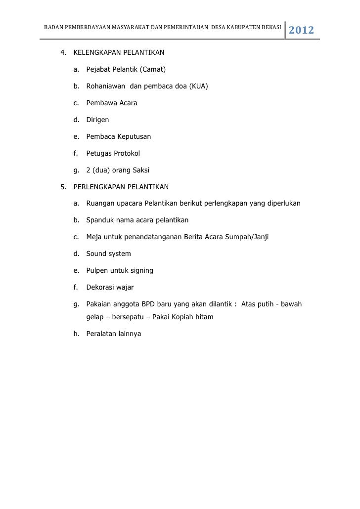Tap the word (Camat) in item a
point(144,69)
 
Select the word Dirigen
point(97,120)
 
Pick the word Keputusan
point(134,136)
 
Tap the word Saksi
point(139,170)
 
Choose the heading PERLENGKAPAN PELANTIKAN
point(121,187)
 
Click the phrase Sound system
point(108,254)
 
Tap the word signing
point(140,270)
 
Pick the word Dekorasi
point(100,287)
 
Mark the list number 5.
point(62,187)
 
